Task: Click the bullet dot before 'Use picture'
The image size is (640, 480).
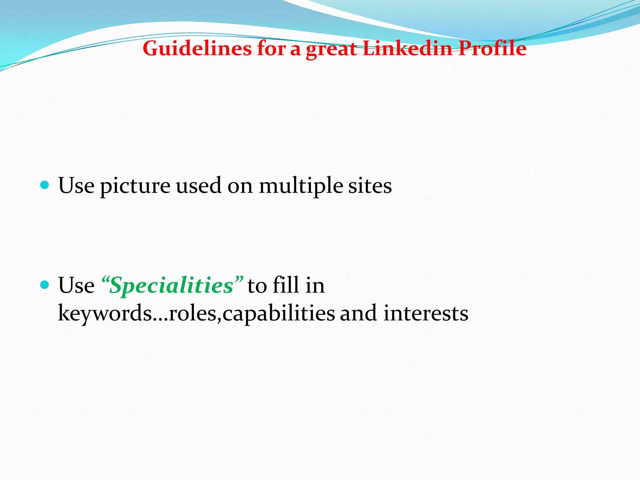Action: click(45, 185)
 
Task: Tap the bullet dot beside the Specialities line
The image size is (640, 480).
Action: click(45, 285)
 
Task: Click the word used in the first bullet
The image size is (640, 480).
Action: click(199, 186)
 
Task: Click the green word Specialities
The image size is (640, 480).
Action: click(172, 286)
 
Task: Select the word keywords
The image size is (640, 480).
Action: click(105, 313)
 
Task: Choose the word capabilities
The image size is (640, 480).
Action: click(279, 313)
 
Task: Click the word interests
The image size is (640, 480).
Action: click(426, 313)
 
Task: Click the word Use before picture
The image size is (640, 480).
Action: click(76, 186)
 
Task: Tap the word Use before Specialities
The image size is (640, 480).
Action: click(76, 285)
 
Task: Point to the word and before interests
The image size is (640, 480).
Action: click(358, 313)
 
